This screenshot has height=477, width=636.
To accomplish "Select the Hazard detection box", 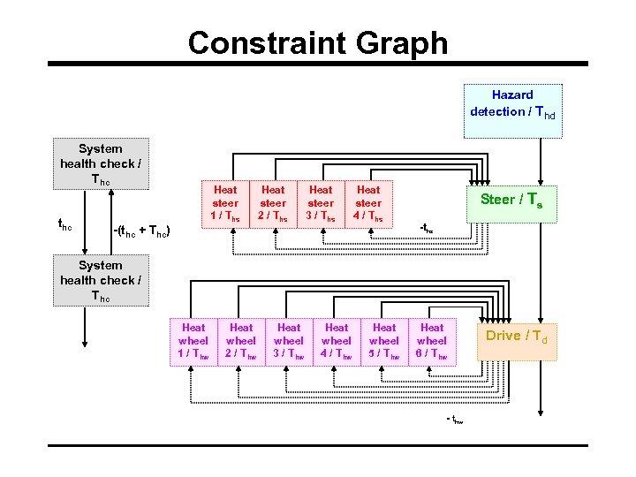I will [x=512, y=104].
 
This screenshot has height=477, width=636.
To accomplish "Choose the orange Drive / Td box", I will [x=518, y=337].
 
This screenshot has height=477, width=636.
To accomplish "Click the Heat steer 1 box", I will [x=225, y=203].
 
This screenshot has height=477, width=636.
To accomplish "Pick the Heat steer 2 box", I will [x=273, y=203].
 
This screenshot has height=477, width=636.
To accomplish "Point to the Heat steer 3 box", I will [x=321, y=203].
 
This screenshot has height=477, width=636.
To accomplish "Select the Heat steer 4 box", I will [x=368, y=203].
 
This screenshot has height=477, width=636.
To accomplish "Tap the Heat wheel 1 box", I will [x=193, y=341].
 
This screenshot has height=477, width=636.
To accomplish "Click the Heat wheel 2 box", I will [x=241, y=341].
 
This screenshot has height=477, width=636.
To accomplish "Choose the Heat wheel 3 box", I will [x=289, y=341].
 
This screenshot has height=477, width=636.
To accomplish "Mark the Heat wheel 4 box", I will [x=337, y=341].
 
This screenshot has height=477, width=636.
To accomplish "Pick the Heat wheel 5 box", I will [x=384, y=341].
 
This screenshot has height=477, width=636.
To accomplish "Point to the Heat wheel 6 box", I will [x=432, y=341].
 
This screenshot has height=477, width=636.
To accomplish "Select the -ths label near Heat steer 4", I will [x=426, y=228].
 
